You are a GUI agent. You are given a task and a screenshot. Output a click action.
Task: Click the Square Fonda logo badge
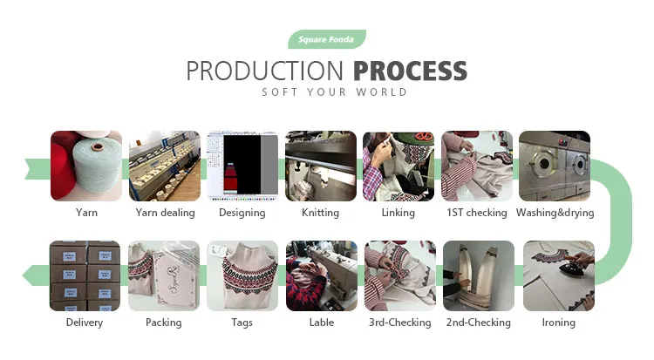[327, 39]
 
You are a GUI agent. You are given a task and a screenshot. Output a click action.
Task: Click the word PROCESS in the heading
[410, 71]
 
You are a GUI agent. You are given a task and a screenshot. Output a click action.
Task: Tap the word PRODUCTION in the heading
[267, 71]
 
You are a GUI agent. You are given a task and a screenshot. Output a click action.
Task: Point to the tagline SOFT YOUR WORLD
[335, 92]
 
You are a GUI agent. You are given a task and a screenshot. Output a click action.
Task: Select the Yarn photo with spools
[86, 166]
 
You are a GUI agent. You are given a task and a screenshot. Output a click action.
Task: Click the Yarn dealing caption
[166, 213]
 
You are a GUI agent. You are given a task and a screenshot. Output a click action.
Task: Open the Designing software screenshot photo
[242, 166]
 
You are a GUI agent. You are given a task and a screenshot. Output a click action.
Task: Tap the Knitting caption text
[320, 213]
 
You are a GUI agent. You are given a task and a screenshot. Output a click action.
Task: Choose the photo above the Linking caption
[398, 166]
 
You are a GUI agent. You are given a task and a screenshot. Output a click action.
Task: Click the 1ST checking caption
[476, 213]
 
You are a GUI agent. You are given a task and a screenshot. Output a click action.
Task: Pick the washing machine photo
[555, 166]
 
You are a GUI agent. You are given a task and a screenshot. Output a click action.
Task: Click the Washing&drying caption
[555, 213]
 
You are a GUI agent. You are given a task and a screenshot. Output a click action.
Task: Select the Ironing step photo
[558, 275]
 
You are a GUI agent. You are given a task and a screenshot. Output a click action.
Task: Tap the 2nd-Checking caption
[479, 323]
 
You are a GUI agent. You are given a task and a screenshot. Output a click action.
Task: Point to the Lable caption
[321, 323]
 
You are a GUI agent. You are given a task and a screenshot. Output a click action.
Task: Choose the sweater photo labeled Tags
[242, 275]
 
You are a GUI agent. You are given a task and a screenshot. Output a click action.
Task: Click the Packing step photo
[164, 275]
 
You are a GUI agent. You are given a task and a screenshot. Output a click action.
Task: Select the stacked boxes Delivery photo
[85, 275]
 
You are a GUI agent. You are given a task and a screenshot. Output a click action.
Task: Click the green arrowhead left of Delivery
[31, 276]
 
